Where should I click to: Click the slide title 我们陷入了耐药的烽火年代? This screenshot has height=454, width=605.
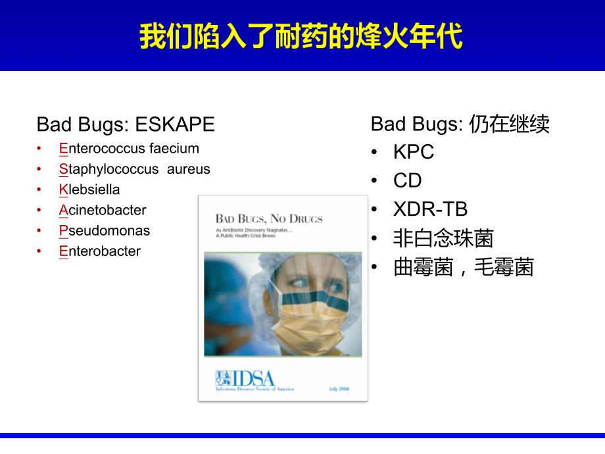point(301,37)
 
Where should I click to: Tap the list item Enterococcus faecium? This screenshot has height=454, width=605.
point(129,149)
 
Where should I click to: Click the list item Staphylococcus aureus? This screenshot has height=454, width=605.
point(134,169)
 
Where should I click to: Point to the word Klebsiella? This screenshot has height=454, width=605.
point(89,189)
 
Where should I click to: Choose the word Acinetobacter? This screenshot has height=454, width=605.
point(103,210)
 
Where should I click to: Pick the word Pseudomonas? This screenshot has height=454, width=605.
point(104,230)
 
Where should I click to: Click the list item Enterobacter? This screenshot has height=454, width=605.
point(99,251)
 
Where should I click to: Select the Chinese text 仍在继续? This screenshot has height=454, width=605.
point(510,124)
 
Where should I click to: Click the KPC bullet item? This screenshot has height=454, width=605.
point(414,152)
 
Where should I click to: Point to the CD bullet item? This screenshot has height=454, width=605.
point(407,181)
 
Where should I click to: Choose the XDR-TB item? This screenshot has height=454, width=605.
point(430,209)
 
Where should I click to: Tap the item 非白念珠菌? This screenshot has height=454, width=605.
point(443,238)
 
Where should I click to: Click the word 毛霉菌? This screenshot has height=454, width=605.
point(504,266)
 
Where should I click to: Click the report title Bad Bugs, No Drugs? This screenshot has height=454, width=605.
point(269,218)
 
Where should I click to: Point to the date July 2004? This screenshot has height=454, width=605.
point(339,389)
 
